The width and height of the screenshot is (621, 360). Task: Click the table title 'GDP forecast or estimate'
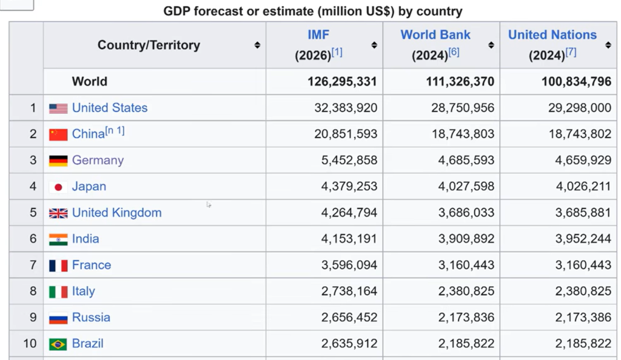pos(312,11)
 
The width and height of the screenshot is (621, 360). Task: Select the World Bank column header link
pos(435,35)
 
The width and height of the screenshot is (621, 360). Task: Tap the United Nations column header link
pos(552,35)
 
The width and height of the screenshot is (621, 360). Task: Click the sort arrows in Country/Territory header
pos(257,45)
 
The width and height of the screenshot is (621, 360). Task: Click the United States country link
pos(109,108)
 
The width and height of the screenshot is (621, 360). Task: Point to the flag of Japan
pos(58,187)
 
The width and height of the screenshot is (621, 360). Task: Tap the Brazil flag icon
pos(58,344)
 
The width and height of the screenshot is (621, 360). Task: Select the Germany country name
pos(98,161)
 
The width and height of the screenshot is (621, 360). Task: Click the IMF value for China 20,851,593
pos(345,135)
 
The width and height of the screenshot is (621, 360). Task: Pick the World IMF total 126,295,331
pos(342,82)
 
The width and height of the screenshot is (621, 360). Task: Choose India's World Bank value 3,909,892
pos(463,239)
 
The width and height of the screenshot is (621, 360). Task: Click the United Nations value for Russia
pos(583,318)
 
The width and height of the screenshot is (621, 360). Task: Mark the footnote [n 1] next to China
pos(115,131)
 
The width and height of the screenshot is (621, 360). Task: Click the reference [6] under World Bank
pos(454,53)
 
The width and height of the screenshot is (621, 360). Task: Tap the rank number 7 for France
pos(33,265)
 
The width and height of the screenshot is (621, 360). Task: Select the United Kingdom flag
pos(58,213)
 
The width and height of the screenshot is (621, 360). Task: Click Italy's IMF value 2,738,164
pos(349,292)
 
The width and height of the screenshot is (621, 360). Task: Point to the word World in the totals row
pos(89,82)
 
